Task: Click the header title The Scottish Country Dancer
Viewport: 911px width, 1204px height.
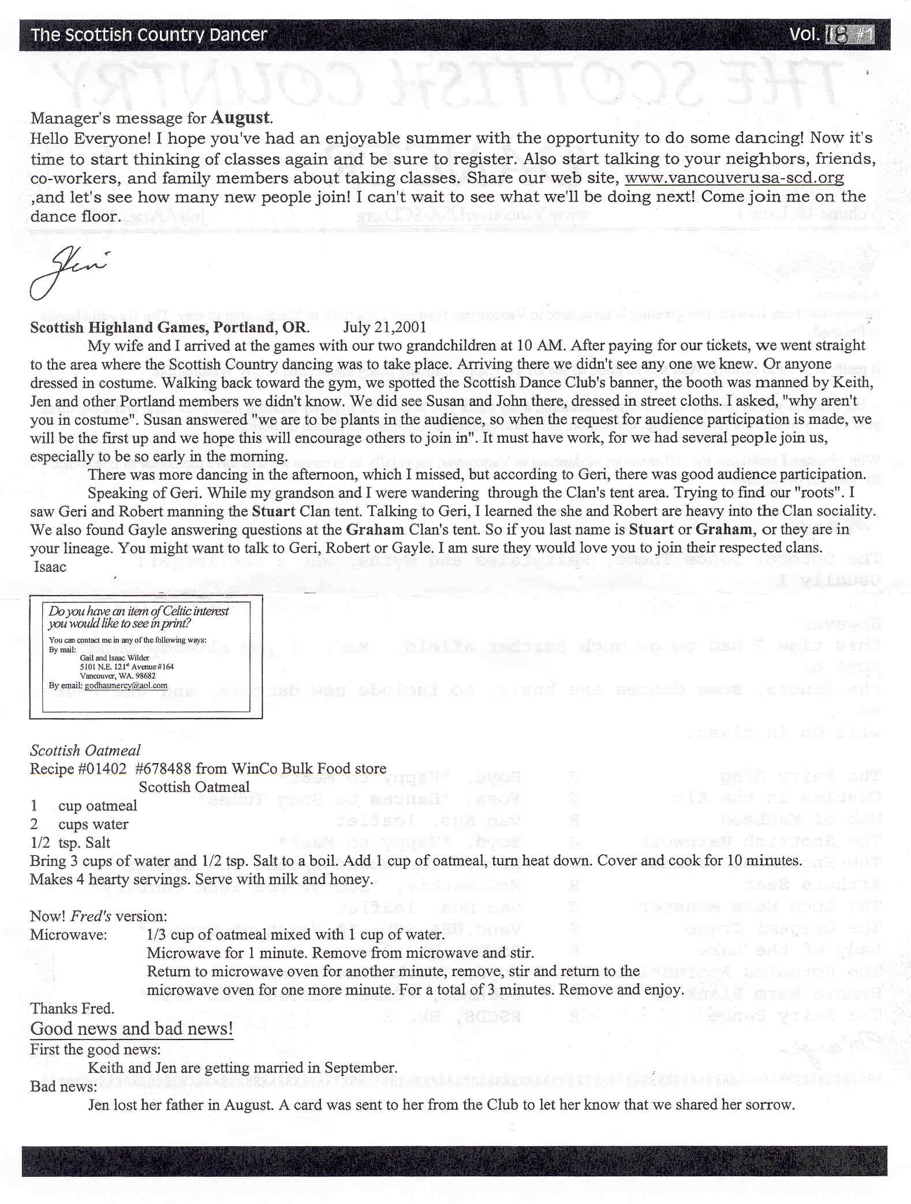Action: click(x=149, y=35)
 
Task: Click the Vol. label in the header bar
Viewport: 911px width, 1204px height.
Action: click(x=804, y=35)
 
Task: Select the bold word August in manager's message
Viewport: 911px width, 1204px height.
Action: click(x=240, y=118)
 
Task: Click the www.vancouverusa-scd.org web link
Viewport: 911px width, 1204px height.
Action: click(x=734, y=178)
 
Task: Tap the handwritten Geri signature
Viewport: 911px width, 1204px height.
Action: click(x=66, y=273)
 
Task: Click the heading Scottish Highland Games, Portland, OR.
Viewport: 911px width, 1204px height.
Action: click(x=169, y=327)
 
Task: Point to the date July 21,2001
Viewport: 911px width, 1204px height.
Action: click(x=384, y=327)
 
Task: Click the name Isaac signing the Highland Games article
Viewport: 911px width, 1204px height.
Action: click(x=50, y=567)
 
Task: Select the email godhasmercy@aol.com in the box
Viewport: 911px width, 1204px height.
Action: click(x=126, y=686)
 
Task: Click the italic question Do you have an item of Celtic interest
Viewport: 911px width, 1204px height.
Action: click(x=139, y=611)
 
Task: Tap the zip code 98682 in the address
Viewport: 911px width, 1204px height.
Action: click(x=144, y=676)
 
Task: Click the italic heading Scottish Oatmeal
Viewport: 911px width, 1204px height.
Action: click(x=85, y=750)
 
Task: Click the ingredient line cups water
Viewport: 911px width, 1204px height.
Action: click(x=93, y=824)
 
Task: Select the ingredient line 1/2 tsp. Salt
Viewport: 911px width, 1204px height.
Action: click(x=70, y=843)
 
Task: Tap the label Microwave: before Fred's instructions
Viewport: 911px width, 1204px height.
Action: click(x=69, y=934)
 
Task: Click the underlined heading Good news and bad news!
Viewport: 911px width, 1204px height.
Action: click(x=132, y=1029)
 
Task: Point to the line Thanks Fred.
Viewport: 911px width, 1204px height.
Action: click(x=72, y=1008)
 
